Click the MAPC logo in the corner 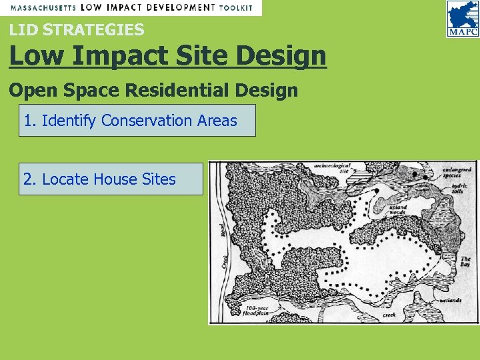[x=462, y=19]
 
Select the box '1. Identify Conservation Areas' [x=137, y=121]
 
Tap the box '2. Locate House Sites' [x=111, y=179]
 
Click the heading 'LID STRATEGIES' [x=77, y=29]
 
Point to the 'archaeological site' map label [x=333, y=167]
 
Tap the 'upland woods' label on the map [x=398, y=210]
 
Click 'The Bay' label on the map [x=465, y=261]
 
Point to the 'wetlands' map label [x=451, y=300]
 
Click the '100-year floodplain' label [x=255, y=308]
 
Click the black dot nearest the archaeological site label [x=376, y=191]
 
